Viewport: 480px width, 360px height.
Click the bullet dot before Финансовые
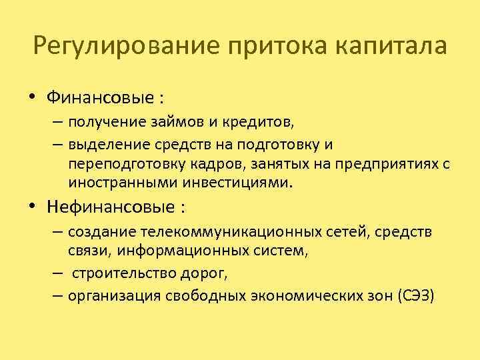pyautogui.click(x=33, y=97)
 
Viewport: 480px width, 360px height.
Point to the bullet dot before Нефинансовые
pyautogui.click(x=33, y=207)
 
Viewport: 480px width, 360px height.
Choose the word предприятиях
pyautogui.click(x=384, y=164)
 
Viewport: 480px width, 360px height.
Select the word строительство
pyautogui.click(x=121, y=273)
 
